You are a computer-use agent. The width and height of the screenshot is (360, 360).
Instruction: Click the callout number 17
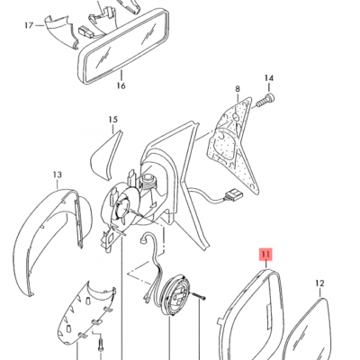[x=29, y=25]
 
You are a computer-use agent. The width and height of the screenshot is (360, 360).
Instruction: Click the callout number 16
[x=121, y=85]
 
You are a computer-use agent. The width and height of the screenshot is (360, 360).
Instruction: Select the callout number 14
[x=269, y=78]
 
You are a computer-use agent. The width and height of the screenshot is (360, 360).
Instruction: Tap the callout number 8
[x=238, y=89]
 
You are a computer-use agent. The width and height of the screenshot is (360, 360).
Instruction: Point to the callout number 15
[x=113, y=120]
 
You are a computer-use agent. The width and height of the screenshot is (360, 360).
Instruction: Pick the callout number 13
[x=58, y=175]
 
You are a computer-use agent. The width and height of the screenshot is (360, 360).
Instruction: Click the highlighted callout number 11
[x=266, y=255]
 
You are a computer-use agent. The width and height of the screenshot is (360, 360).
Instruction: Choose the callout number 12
[x=320, y=283]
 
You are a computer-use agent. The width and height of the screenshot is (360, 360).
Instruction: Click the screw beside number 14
[x=265, y=101]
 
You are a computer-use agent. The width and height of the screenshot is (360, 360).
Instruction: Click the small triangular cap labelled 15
[x=106, y=154]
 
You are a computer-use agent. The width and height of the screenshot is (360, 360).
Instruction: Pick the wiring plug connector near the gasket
[x=232, y=196]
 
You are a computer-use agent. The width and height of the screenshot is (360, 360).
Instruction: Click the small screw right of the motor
[x=198, y=296]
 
